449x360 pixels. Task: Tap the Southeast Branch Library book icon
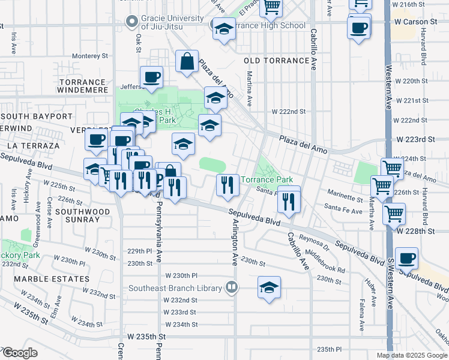(231, 287)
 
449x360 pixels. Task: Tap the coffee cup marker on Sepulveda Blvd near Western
(406, 259)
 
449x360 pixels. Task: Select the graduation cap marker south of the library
(270, 287)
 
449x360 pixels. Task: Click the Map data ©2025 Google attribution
(412, 355)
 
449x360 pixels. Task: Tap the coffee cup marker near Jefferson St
(151, 77)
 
